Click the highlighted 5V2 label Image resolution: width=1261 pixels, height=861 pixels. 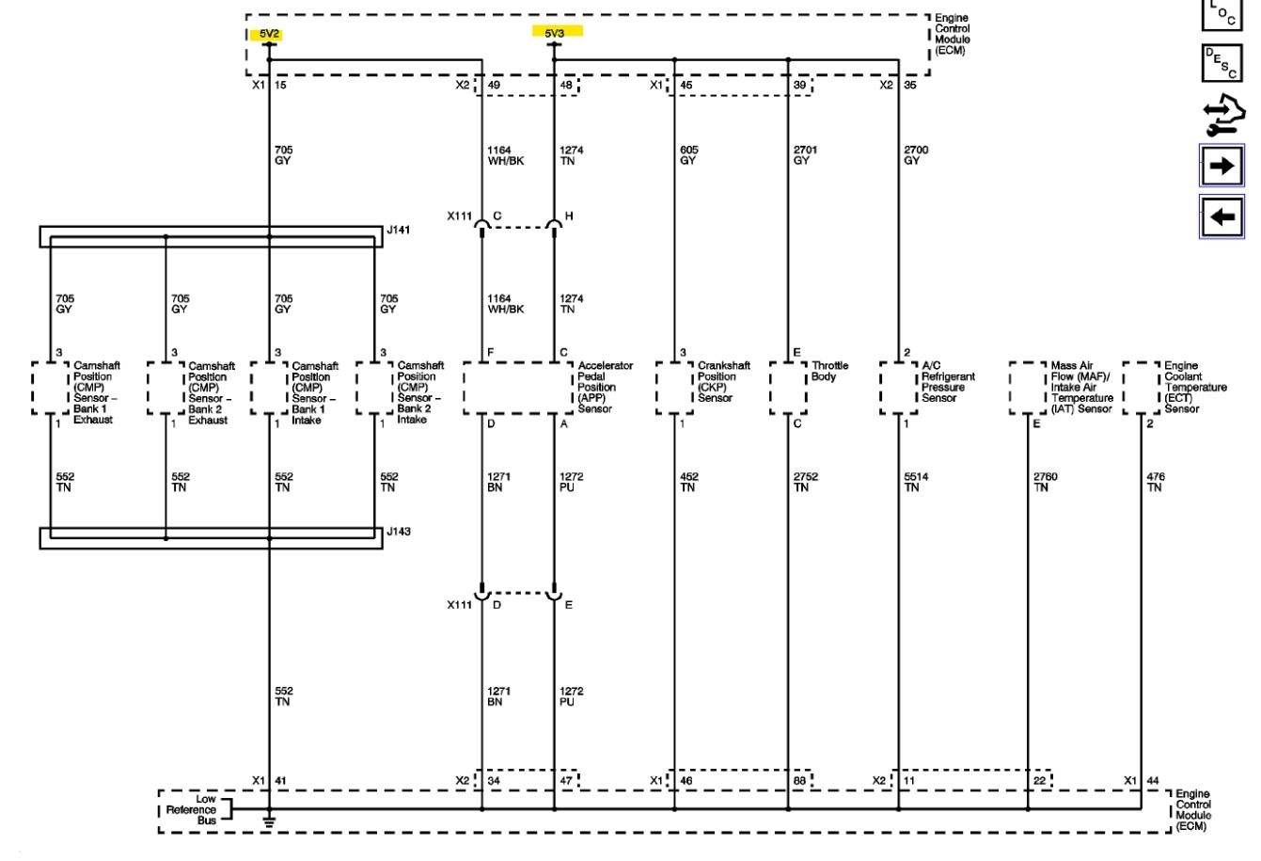point(270,35)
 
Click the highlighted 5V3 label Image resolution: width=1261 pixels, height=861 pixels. point(556,32)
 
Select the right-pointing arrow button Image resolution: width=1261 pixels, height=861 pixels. point(1222,167)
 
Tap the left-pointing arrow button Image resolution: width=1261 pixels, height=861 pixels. point(1222,217)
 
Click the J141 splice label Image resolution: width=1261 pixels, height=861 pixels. point(399,229)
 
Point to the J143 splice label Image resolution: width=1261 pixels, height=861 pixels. point(399,532)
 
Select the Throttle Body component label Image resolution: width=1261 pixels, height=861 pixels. point(829,372)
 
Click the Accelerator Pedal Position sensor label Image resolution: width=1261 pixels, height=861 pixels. point(605,387)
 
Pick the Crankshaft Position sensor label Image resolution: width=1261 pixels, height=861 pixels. point(723,381)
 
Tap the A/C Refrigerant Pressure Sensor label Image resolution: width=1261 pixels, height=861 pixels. point(947,381)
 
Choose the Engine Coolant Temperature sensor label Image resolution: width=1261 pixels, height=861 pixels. point(1194,387)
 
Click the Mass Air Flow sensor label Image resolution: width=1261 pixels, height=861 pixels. point(1080,387)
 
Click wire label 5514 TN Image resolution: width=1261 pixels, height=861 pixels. point(915,482)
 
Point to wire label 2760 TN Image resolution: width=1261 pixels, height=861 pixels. point(1045,482)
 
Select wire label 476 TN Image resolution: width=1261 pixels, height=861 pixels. point(1155,482)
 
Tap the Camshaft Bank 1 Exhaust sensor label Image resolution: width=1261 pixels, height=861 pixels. point(95,392)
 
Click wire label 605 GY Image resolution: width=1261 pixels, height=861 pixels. point(688,155)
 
